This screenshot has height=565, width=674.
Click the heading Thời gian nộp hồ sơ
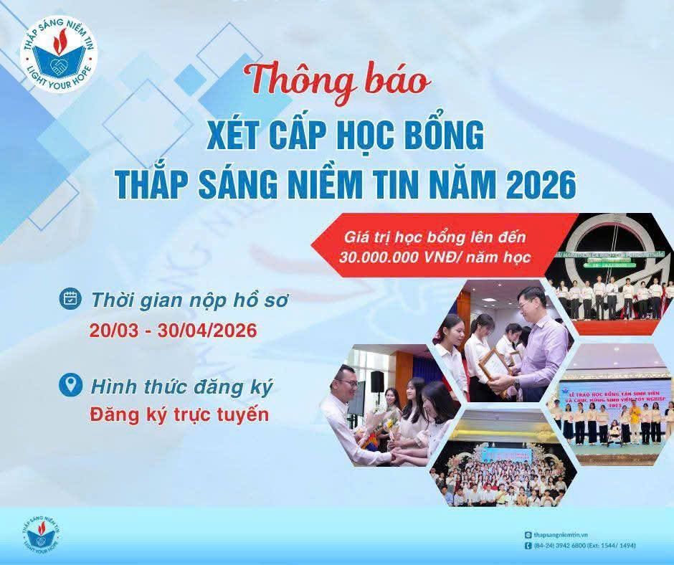pos(189,300)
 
